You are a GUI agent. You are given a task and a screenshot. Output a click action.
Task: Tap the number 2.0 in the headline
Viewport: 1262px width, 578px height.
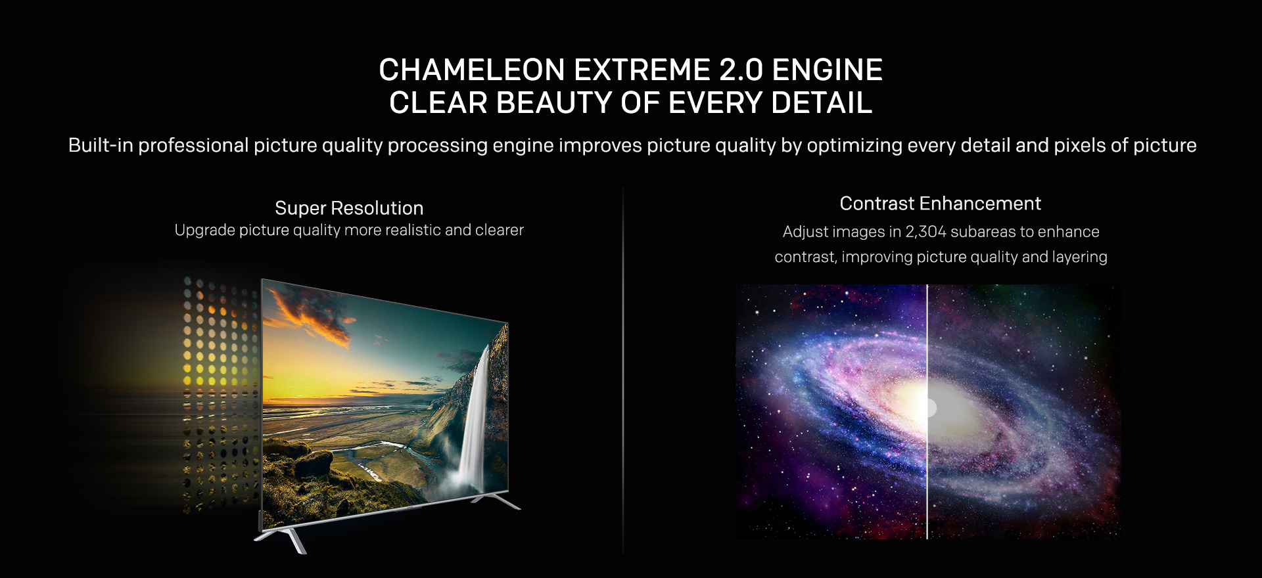click(741, 70)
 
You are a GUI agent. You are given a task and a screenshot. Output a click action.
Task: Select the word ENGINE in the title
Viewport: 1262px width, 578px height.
click(828, 70)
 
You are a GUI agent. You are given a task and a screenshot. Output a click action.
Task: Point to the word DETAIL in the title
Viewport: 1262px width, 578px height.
click(822, 103)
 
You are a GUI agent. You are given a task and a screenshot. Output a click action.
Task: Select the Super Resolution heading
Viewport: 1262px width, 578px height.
click(349, 208)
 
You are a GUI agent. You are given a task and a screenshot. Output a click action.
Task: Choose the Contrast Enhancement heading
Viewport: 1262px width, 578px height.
click(940, 204)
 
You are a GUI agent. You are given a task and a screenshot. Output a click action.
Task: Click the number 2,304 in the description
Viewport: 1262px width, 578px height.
click(926, 232)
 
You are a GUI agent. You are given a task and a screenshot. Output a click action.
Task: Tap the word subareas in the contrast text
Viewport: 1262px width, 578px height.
click(982, 232)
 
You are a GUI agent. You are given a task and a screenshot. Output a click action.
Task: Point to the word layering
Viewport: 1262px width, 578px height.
click(1080, 257)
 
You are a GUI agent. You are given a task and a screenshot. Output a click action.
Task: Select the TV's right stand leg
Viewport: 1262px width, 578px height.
click(496, 500)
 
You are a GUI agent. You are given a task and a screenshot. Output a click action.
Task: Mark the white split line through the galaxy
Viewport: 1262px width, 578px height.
click(927, 412)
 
